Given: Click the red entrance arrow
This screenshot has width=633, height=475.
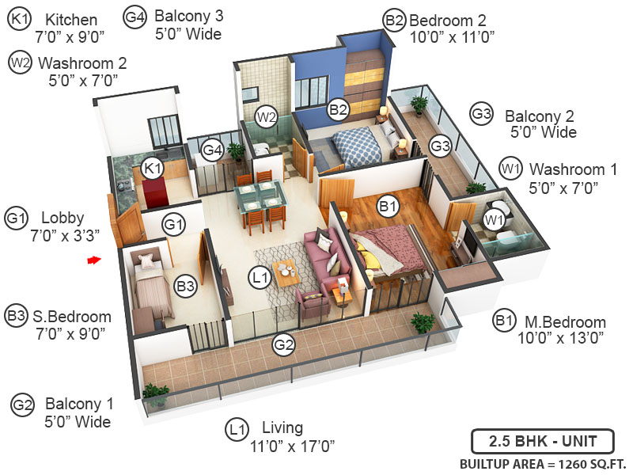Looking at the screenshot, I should click(95, 259).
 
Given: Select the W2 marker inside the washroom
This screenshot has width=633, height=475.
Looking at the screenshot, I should click(266, 119).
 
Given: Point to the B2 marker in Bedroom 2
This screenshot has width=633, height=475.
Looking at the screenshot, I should click(339, 110).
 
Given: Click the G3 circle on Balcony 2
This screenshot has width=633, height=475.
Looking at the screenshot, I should click(440, 145).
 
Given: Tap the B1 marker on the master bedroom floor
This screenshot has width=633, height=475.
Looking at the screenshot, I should click(388, 207).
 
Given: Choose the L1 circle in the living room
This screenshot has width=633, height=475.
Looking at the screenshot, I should click(260, 278).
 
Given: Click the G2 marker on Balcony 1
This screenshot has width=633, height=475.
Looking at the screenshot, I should click(283, 344).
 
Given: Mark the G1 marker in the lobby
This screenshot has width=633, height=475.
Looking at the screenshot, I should click(175, 225).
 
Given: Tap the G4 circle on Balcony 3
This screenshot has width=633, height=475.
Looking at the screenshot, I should click(211, 149).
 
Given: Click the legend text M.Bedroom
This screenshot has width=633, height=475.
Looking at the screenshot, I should click(563, 323).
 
